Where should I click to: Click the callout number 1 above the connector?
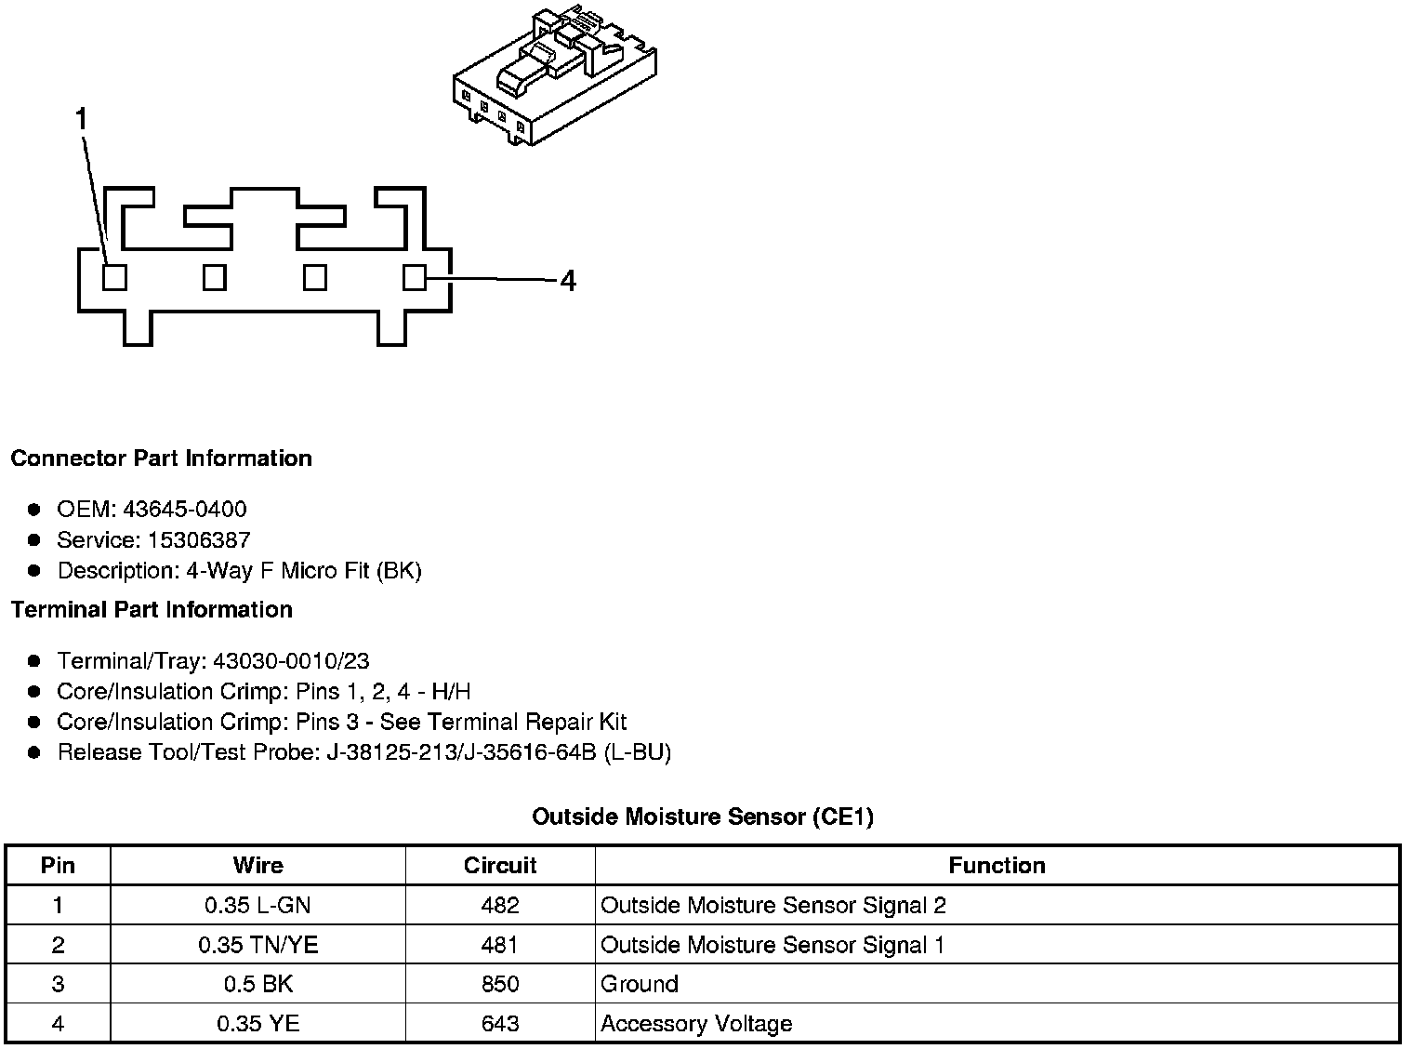[x=82, y=120]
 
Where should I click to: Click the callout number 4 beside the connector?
[x=568, y=280]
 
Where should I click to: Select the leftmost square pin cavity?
[x=114, y=277]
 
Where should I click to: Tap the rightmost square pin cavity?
[x=415, y=277]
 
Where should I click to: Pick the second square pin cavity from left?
[x=215, y=277]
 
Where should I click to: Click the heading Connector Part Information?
[x=161, y=458]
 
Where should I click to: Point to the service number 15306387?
[x=199, y=540]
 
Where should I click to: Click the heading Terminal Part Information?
[x=152, y=610]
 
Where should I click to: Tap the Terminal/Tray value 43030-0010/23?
[x=291, y=661]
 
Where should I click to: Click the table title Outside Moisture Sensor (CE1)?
[x=702, y=817]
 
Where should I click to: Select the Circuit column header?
[x=500, y=866]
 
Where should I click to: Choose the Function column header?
[x=997, y=866]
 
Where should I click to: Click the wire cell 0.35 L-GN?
[x=258, y=905]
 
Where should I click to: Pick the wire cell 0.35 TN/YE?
[x=258, y=945]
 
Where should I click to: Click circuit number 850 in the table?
[x=500, y=984]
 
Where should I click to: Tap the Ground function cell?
[x=640, y=984]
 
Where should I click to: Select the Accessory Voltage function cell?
[x=696, y=1024]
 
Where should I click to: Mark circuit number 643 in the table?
[x=500, y=1024]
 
